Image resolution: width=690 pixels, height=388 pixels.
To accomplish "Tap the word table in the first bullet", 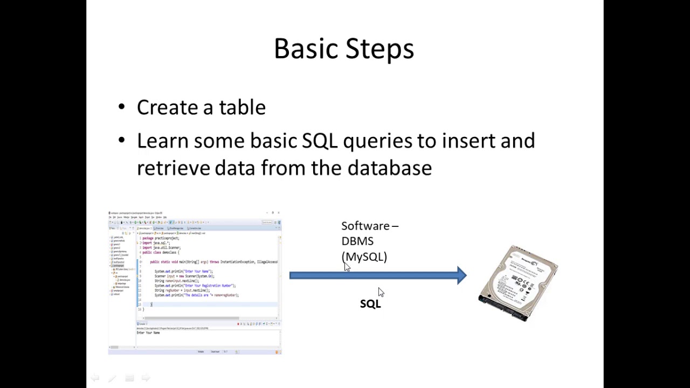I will (x=242, y=107).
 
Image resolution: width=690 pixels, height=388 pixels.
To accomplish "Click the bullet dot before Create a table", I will (x=121, y=107).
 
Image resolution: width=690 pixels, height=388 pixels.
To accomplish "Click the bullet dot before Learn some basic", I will (x=121, y=141).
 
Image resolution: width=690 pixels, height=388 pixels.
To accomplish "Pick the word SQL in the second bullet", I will (x=320, y=141).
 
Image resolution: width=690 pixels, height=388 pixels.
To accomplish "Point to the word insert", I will (x=468, y=141).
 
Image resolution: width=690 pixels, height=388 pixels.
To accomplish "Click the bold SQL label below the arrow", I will (x=370, y=304).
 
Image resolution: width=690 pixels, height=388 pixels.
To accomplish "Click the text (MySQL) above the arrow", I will (x=364, y=257).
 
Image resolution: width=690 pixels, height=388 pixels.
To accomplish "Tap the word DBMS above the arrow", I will (x=357, y=241).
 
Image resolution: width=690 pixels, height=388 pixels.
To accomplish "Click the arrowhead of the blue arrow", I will (x=461, y=275).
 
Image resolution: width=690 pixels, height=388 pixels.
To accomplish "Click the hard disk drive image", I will (x=518, y=283).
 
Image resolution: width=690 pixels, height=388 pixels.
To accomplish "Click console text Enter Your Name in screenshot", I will (x=148, y=332).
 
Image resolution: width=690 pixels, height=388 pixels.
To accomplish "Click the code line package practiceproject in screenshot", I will (x=161, y=238).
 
